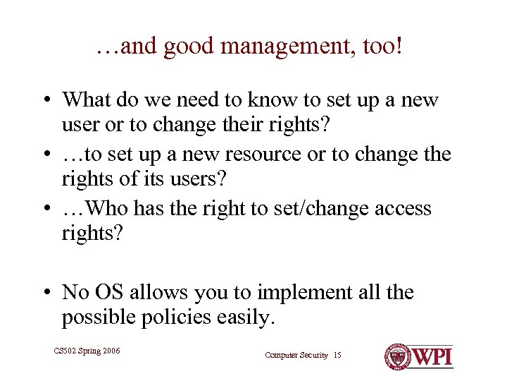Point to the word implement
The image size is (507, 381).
[x=294, y=292]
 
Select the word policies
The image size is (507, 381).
[x=160, y=317]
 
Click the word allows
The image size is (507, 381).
[x=162, y=292]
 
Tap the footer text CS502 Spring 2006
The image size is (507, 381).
[x=86, y=351]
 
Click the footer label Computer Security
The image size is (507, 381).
[x=296, y=355]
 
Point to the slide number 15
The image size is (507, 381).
[x=337, y=355]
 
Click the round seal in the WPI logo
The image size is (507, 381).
[x=398, y=356]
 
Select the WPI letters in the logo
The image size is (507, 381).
[x=432, y=356]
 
